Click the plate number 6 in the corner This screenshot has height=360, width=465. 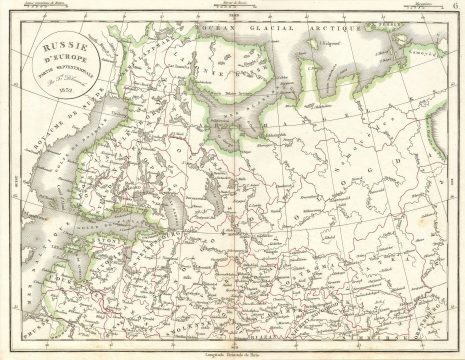455,11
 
